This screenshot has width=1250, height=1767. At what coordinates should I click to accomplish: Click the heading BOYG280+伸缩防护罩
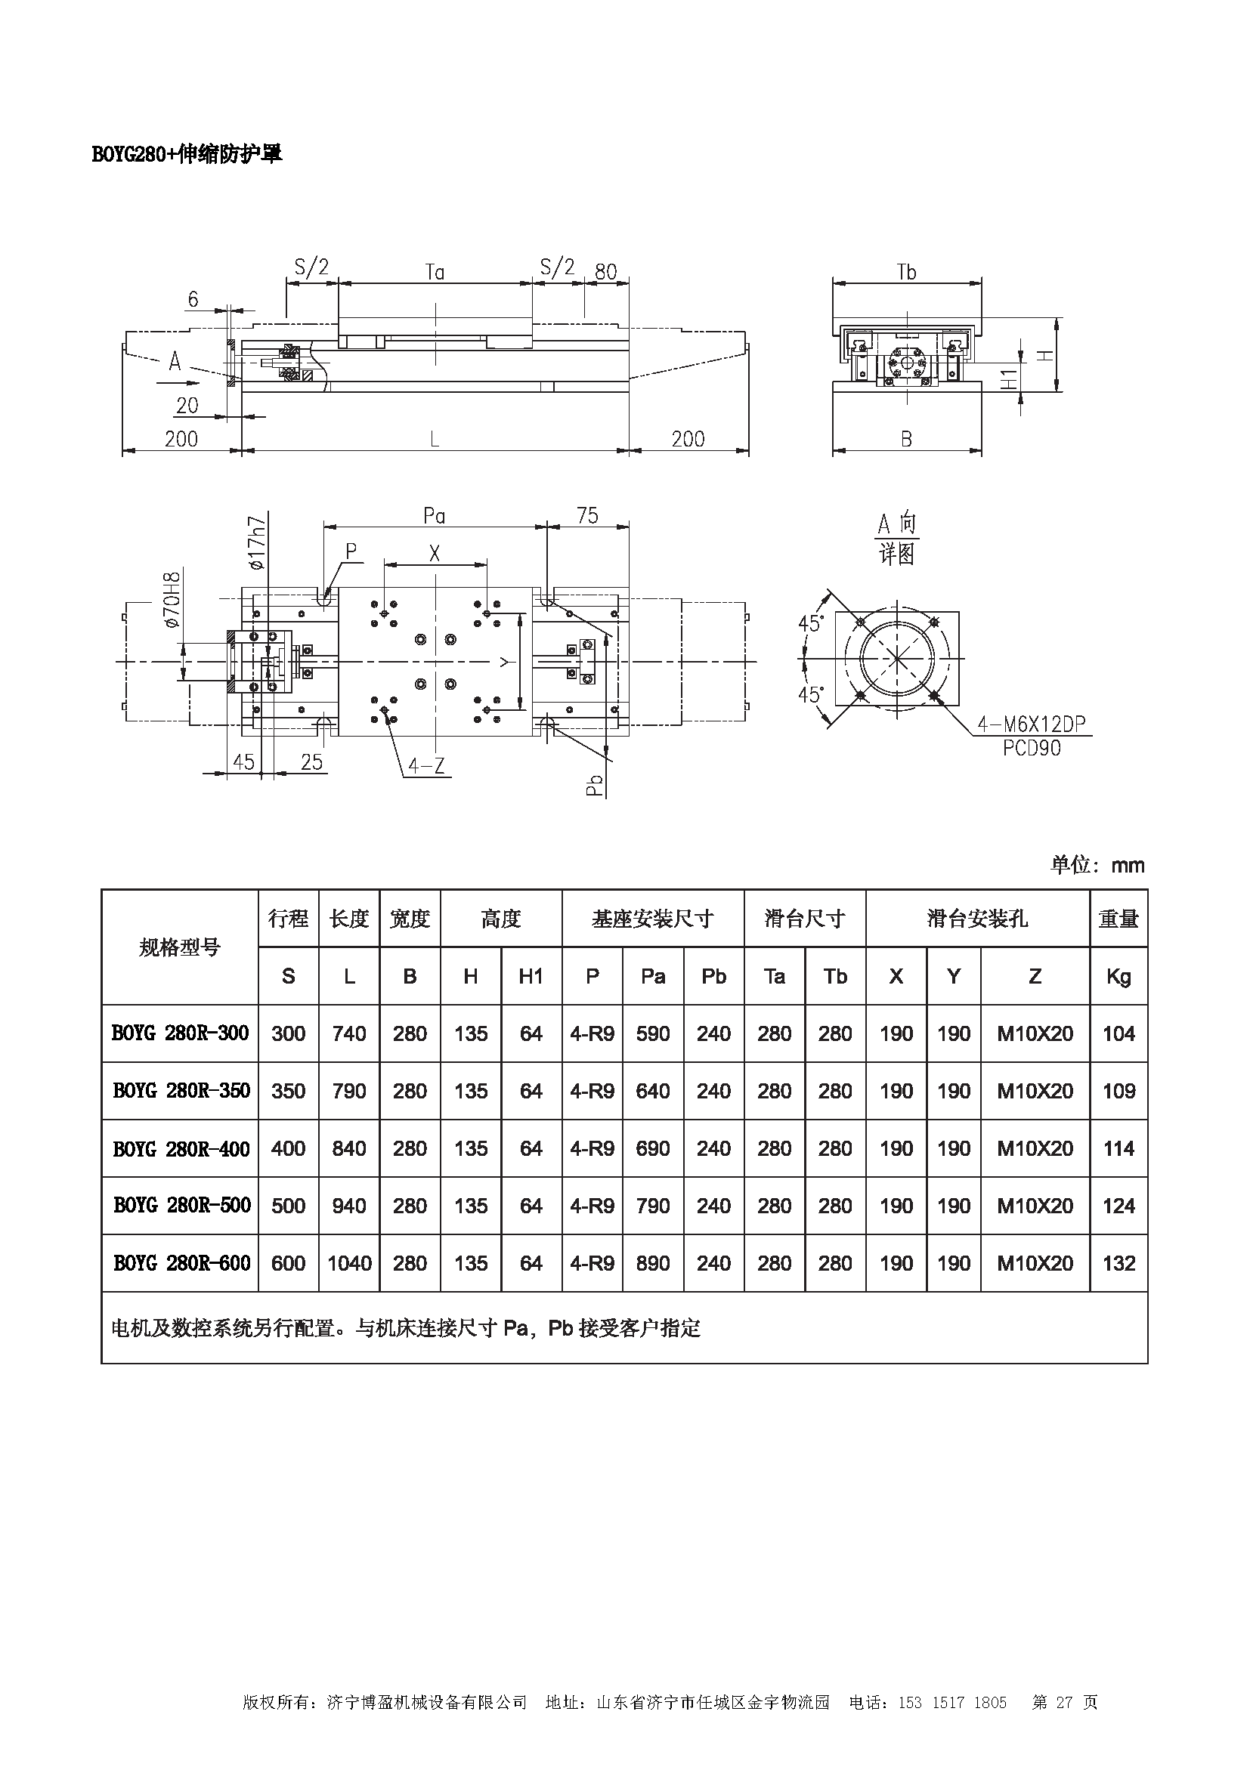pyautogui.click(x=186, y=154)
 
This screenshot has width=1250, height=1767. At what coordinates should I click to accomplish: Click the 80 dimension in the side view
pyautogui.click(x=606, y=272)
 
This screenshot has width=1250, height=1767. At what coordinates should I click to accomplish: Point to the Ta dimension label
pyautogui.click(x=435, y=272)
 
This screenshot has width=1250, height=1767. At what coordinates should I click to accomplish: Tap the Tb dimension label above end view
pyautogui.click(x=907, y=272)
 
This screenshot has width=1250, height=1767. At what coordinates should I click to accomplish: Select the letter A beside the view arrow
pyautogui.click(x=175, y=360)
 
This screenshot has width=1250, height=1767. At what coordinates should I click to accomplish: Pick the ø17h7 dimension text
pyautogui.click(x=257, y=543)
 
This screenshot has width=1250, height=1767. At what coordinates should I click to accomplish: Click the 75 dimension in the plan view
pyautogui.click(x=587, y=515)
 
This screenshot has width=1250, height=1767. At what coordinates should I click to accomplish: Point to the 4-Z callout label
pyautogui.click(x=425, y=766)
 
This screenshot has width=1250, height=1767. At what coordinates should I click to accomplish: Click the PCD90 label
pyautogui.click(x=1032, y=748)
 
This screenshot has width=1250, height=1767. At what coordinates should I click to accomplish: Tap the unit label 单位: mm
pyautogui.click(x=1097, y=865)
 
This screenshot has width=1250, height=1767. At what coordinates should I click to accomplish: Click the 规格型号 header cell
pyautogui.click(x=179, y=947)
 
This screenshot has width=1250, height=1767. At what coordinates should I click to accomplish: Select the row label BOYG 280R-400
pyautogui.click(x=181, y=1149)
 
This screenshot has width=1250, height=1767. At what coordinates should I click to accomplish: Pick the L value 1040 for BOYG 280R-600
pyautogui.click(x=348, y=1263)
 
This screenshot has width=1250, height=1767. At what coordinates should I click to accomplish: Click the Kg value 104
pyautogui.click(x=1119, y=1033)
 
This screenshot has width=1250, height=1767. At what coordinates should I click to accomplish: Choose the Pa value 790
pyautogui.click(x=653, y=1205)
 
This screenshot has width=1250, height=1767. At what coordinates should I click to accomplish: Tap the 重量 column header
pyautogui.click(x=1119, y=919)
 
